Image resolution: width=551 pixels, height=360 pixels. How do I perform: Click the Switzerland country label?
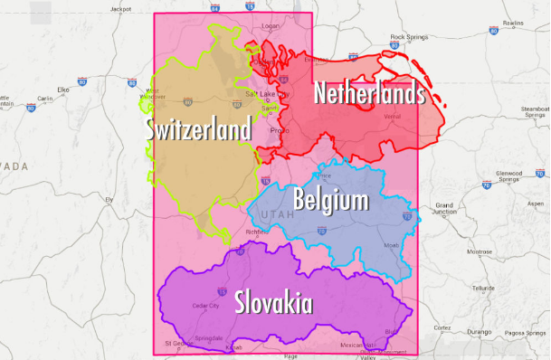pos(199,130)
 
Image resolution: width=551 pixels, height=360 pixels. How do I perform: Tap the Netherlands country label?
pos(368,91)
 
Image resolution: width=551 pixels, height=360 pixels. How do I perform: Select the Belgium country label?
pos(330,199)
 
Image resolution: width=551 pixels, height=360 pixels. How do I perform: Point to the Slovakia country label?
pos(273,302)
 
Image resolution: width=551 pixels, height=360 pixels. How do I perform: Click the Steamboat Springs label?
pos(535,112)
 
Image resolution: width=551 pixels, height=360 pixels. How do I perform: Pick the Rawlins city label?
pos(513,23)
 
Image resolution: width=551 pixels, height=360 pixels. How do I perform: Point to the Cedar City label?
pos(205,306)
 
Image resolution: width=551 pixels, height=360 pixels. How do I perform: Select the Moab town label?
pos(390,245)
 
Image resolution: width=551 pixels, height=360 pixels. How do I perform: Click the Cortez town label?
pos(442,327)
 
